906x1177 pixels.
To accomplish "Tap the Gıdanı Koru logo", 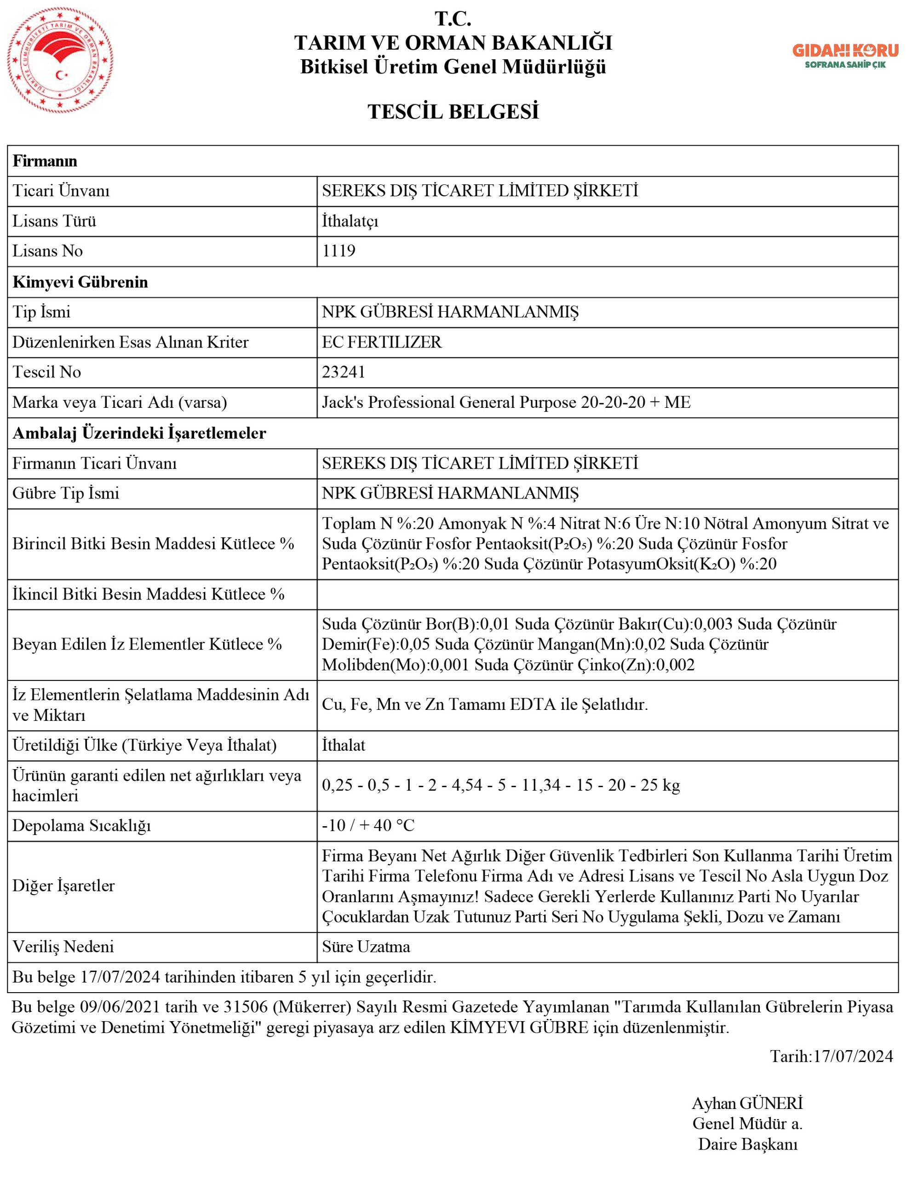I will (x=844, y=56).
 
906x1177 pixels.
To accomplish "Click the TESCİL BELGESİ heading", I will (x=453, y=112).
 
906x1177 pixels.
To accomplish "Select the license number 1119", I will (x=338, y=251).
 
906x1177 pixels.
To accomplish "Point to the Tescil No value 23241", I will (x=344, y=372).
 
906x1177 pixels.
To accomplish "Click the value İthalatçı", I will (x=350, y=221).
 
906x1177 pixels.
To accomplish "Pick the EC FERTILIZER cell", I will (x=382, y=342).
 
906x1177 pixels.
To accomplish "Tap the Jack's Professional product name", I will (x=505, y=402).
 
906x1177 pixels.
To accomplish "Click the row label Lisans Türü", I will (x=54, y=221).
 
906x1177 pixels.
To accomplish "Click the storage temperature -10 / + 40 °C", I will (x=368, y=825).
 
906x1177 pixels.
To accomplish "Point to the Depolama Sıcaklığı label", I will (x=81, y=825).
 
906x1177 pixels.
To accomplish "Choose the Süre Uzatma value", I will (x=366, y=946).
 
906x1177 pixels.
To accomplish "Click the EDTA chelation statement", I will (x=485, y=704).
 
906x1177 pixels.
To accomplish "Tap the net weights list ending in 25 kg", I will (x=501, y=785).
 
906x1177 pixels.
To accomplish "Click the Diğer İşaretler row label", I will (x=63, y=886).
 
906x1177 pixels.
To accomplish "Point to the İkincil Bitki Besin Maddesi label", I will (x=148, y=594).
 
